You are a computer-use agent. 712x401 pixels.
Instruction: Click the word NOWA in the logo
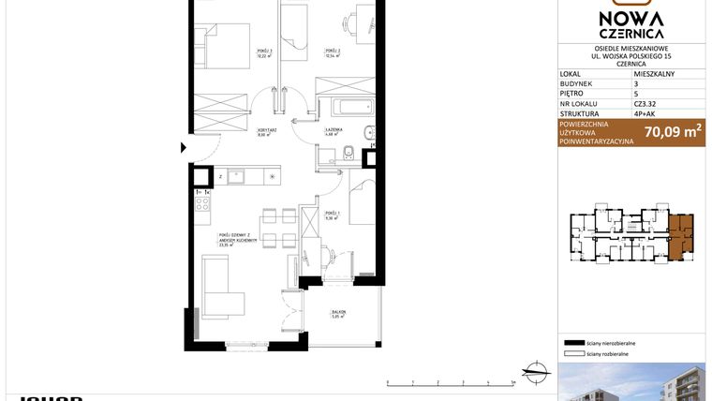point(633,18)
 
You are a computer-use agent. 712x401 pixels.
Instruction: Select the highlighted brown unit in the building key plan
point(681,233)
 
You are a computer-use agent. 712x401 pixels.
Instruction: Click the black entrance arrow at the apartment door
point(183,147)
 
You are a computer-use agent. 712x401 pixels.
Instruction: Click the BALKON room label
point(338,312)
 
